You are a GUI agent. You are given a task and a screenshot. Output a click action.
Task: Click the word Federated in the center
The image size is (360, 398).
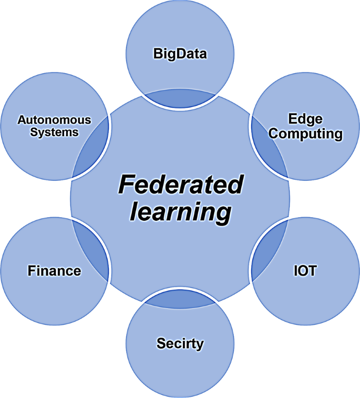[x=180, y=185]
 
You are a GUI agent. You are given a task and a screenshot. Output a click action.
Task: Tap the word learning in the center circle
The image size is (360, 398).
[x=180, y=212]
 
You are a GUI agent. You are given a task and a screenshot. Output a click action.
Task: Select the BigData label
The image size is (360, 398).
[x=180, y=54]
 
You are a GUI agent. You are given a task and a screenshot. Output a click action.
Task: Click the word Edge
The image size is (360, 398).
[x=305, y=118]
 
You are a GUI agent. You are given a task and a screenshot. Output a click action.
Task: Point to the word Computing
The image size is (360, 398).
[x=305, y=134]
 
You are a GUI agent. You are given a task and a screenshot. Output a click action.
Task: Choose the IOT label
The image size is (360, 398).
[x=305, y=271]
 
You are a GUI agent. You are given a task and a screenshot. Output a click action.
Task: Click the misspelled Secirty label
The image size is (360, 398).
[x=180, y=344]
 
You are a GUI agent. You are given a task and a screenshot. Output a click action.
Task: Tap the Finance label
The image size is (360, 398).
[x=54, y=271]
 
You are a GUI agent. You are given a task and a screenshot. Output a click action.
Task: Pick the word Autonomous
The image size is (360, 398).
[x=54, y=120]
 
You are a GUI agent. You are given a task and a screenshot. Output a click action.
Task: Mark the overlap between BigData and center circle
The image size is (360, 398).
[x=180, y=99]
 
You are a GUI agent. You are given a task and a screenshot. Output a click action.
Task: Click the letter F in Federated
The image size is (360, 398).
[x=126, y=185]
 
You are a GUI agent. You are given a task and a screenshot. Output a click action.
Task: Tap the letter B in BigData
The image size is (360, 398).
[x=157, y=54]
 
